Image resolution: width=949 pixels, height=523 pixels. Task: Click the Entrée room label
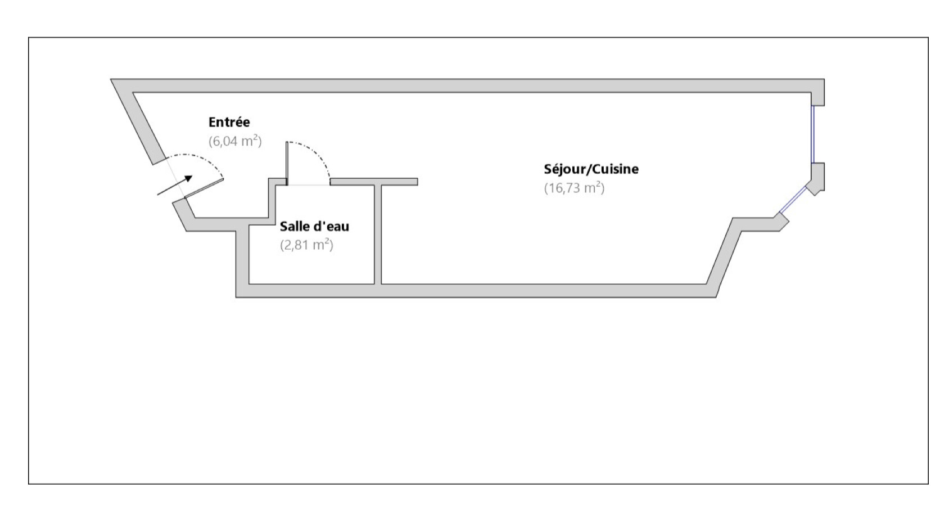coord(229,122)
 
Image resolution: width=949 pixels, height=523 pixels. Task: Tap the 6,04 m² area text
coord(235,141)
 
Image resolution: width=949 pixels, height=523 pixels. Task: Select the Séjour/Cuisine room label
coord(591,169)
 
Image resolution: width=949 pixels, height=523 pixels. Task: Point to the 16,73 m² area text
coord(574,188)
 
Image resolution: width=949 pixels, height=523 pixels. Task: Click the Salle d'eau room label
coord(314,226)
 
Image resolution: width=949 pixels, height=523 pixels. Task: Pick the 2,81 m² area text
coord(306,245)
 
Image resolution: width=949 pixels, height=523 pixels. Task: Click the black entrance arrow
coord(175,185)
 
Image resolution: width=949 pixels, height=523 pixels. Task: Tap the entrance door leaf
coord(204,189)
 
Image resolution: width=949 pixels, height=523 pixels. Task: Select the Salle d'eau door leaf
coord(287,163)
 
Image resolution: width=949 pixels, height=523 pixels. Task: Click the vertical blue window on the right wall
coord(813,134)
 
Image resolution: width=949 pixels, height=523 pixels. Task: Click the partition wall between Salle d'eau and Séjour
coord(378,234)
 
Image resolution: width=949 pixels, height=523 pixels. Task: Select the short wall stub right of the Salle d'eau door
coord(373,182)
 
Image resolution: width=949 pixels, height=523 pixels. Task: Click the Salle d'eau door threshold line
coord(308,184)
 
